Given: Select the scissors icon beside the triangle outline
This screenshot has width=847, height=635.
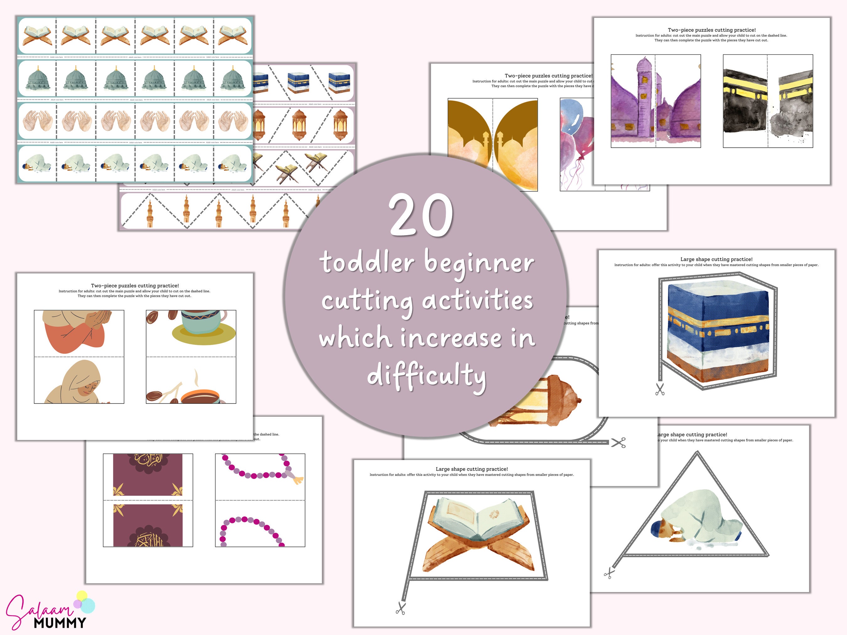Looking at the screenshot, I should (609, 573).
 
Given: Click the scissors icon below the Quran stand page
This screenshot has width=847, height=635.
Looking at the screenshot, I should (401, 608).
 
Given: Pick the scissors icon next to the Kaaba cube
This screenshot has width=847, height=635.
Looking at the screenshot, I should (660, 389).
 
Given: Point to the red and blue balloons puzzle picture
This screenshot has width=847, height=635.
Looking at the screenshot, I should (576, 142).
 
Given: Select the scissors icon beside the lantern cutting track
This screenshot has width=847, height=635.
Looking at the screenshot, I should (618, 442).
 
